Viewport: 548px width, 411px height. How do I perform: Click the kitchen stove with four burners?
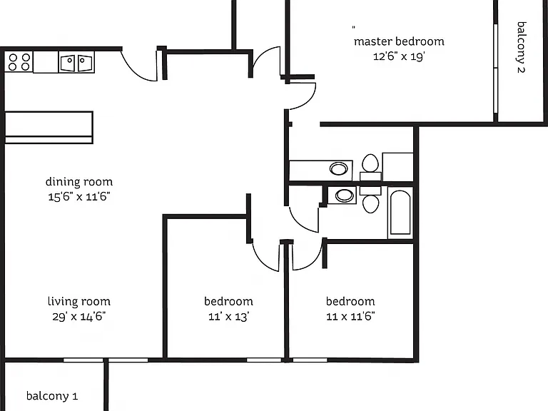[19, 62]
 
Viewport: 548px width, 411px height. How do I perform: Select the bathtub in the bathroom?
[400, 213]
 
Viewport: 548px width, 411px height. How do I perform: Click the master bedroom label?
[399, 41]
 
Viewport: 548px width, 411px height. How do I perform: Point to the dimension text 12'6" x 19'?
[399, 56]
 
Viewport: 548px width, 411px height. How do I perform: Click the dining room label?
[79, 182]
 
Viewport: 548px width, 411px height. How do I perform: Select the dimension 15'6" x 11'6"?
[79, 197]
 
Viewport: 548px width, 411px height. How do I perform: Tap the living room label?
[79, 301]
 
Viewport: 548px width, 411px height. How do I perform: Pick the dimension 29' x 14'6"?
[79, 317]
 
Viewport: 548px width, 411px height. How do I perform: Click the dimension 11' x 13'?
[228, 317]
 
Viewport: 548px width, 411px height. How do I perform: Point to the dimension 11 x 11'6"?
[350, 317]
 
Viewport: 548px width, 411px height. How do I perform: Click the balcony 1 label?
[52, 396]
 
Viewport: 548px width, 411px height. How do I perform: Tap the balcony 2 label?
[522, 47]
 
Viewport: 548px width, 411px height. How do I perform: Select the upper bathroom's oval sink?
[339, 169]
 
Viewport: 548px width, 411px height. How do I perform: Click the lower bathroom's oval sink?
[344, 196]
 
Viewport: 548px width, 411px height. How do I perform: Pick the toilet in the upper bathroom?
[370, 167]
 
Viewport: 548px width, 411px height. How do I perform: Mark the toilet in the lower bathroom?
[370, 200]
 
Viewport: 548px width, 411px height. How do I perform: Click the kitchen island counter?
[49, 127]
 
